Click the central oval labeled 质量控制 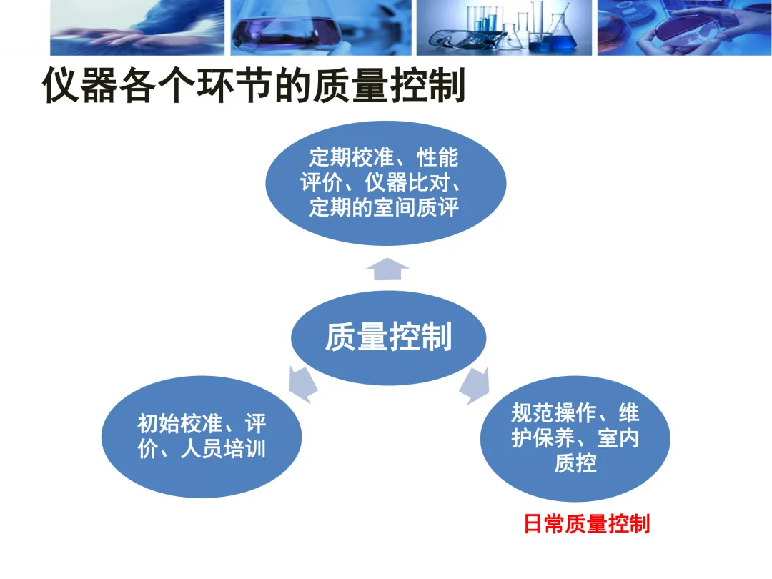coord(388,337)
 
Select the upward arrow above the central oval coord(387,269)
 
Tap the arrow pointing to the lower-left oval coord(302,384)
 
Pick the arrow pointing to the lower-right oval coord(475,386)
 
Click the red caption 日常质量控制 coord(586,523)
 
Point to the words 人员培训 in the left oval coord(224,449)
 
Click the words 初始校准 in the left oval coord(180,423)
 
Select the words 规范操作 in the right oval coord(554,412)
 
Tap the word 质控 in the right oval coord(575,463)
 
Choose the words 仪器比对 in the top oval coord(407,183)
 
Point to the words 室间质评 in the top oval coord(417,207)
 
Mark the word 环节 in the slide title coord(234,85)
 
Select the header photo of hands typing coord(137,28)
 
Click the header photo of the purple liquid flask coord(321,28)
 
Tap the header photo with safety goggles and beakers coord(504,28)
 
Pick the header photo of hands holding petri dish coord(685,28)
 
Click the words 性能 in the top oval coord(437,157)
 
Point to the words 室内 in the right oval coord(618,438)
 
